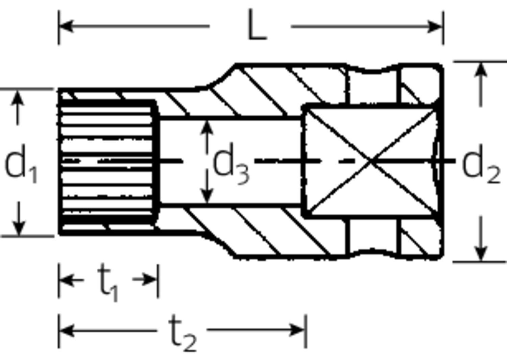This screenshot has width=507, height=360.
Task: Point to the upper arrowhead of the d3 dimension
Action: [207, 125]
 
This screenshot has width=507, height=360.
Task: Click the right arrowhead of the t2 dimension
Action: [299, 330]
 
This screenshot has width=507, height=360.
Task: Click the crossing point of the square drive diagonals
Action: [371, 161]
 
